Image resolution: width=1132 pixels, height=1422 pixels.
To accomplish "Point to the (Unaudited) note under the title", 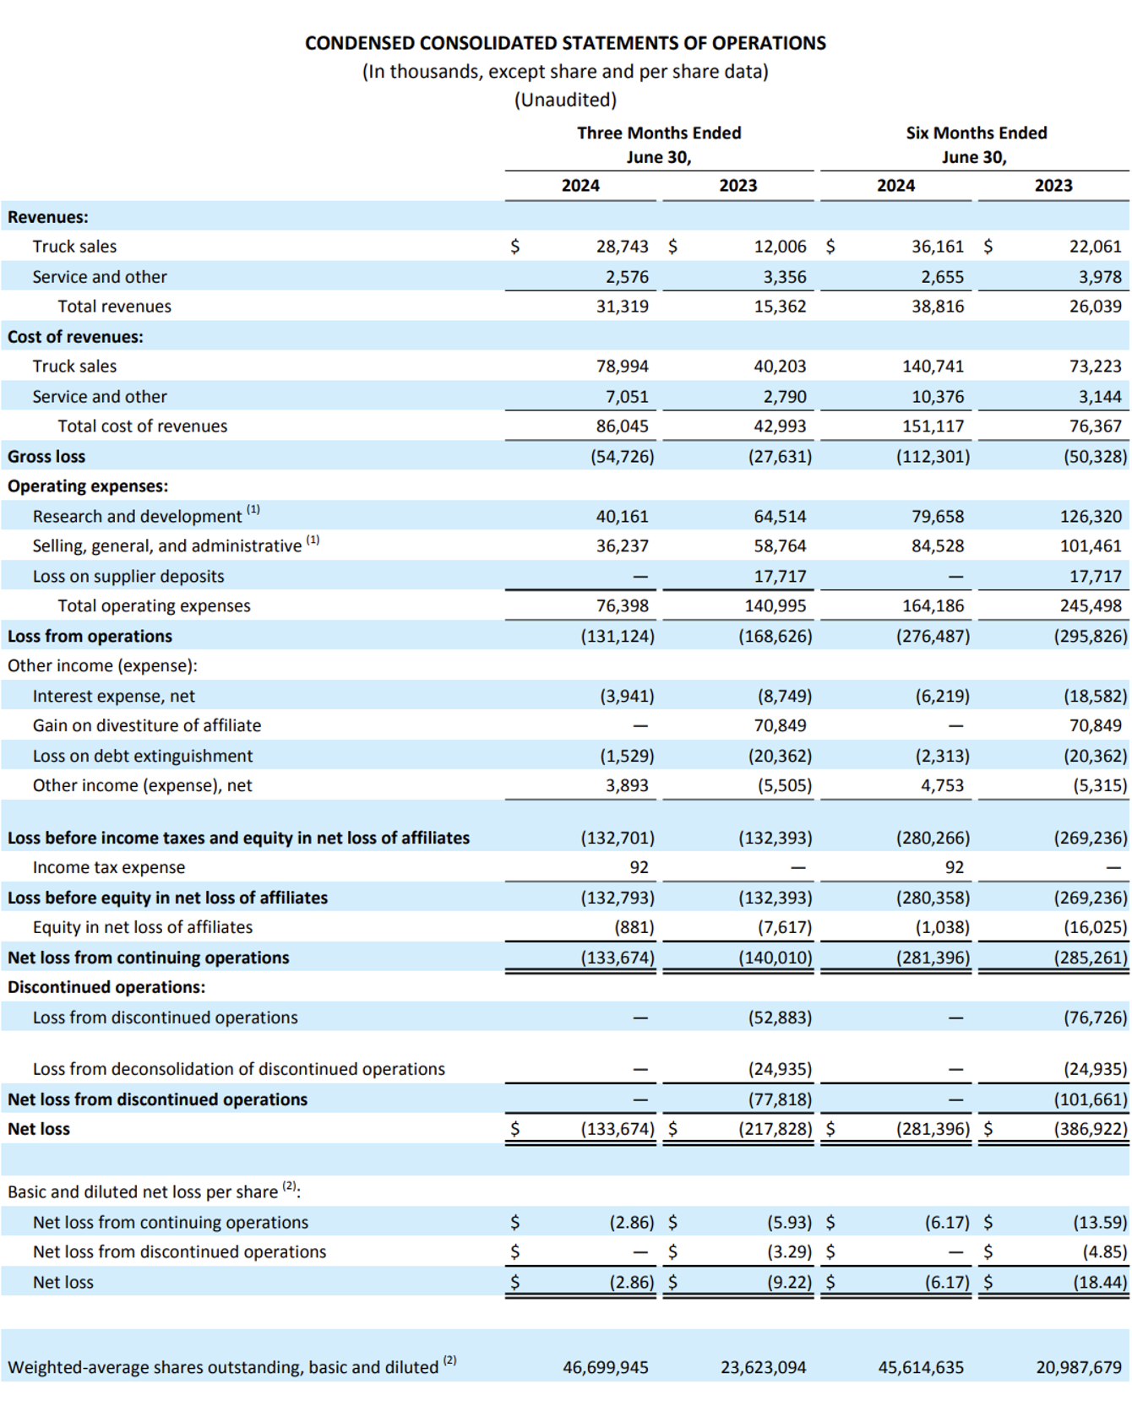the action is pyautogui.click(x=566, y=100).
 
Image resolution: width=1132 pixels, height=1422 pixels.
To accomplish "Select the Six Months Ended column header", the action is pyautogui.click(x=977, y=133).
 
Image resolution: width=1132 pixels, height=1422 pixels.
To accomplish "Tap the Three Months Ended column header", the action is pyautogui.click(x=659, y=133).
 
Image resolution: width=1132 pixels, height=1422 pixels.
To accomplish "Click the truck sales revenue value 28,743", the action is pyautogui.click(x=623, y=247).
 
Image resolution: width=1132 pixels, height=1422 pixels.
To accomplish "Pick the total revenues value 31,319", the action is pyautogui.click(x=623, y=307).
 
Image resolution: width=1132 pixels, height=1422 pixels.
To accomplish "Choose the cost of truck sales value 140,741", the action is pyautogui.click(x=933, y=366).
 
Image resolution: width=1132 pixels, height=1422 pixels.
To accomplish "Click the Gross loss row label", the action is pyautogui.click(x=46, y=457).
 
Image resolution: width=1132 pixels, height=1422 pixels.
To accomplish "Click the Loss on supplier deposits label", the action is pyautogui.click(x=128, y=577).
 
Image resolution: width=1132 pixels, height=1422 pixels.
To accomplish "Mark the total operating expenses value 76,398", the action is pyautogui.click(x=623, y=606).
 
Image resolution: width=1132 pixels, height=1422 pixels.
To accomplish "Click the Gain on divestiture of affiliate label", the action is pyautogui.click(x=147, y=725).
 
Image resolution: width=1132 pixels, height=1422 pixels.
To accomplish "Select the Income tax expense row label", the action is pyautogui.click(x=109, y=867).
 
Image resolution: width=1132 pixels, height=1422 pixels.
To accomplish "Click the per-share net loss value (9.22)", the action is pyautogui.click(x=789, y=1282).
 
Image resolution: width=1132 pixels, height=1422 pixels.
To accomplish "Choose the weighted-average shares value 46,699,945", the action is pyautogui.click(x=606, y=1367).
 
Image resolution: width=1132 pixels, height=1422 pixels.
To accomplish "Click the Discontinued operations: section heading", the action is pyautogui.click(x=106, y=987).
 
